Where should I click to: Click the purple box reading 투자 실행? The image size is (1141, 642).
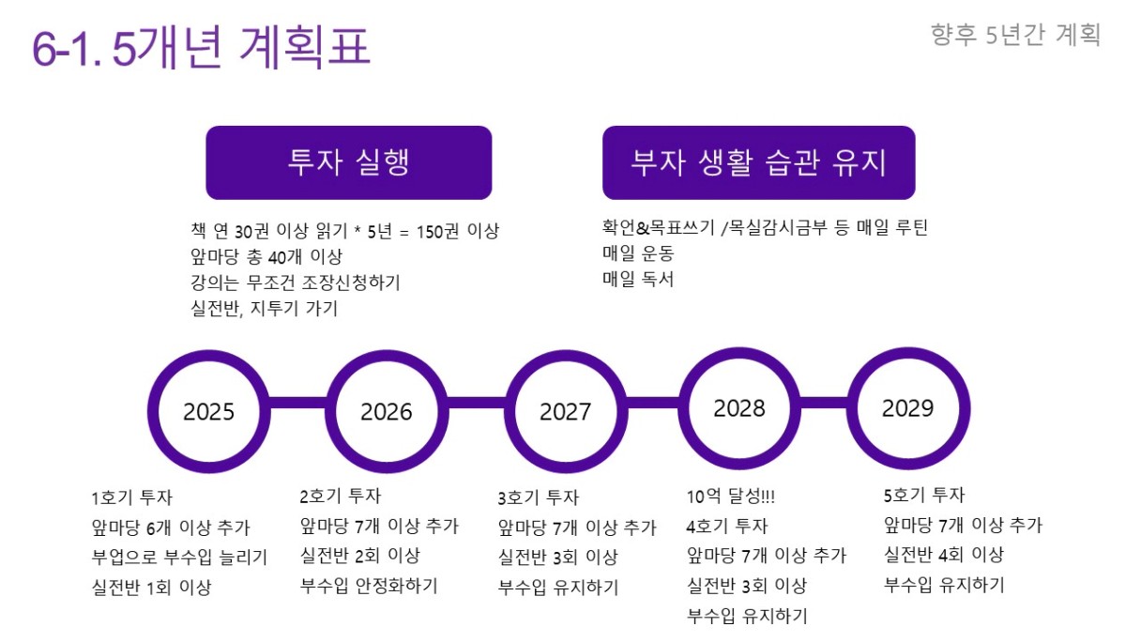349,162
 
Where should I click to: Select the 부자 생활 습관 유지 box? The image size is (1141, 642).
759,162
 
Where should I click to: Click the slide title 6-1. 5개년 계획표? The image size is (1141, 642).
201,47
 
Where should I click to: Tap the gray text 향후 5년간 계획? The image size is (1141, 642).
1015,35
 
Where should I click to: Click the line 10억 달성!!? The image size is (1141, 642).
730,496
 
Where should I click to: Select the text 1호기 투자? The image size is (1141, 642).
132,497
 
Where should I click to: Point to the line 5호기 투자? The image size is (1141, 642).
924,495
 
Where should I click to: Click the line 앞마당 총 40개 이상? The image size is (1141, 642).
266,256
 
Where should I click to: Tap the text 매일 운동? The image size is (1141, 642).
638,252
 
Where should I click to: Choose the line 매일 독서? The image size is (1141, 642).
638,279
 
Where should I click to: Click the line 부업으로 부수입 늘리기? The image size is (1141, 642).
179,557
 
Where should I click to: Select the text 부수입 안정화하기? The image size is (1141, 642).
369,586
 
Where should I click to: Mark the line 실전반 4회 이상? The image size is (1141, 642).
944,555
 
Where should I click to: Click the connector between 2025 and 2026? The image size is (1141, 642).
298,403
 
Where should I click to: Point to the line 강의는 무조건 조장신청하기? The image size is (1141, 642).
296,282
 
